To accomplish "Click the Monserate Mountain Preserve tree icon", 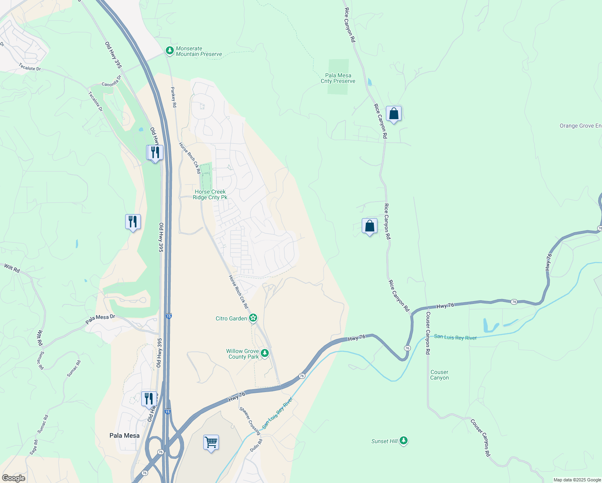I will tap(170, 51).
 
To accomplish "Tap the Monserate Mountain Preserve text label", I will tap(199, 52).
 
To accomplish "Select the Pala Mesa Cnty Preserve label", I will tap(338, 78).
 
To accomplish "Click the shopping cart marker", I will tap(211, 443).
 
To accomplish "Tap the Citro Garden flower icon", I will tap(253, 318).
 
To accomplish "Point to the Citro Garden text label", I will tap(231, 318).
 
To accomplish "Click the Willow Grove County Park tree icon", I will tap(265, 353).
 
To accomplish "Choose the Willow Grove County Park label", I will tap(243, 354).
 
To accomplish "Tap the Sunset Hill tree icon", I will tap(404, 441).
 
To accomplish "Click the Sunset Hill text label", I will tap(384, 441).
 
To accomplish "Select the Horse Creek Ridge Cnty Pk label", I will tap(210, 194).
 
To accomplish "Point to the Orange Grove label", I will tap(580, 126).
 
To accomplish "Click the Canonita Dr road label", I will tap(111, 81).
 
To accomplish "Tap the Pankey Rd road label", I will tap(173, 97).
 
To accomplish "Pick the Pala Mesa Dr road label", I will tap(100, 320).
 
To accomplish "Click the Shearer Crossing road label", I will tap(250, 421).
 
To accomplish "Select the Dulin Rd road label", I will tap(256, 445).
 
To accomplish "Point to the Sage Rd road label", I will tap(34, 447).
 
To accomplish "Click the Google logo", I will tap(13, 478).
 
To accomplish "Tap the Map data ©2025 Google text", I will tap(577, 480).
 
